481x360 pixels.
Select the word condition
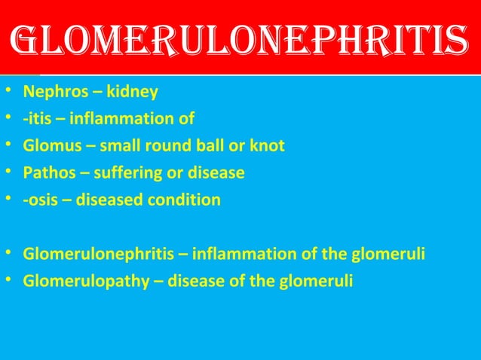(185, 200)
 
